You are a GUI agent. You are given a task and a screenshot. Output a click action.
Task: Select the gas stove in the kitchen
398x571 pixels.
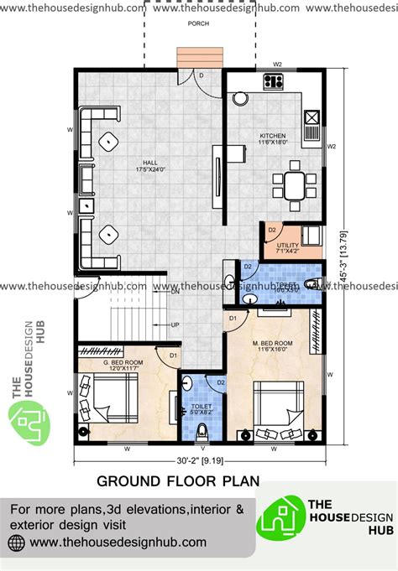274,81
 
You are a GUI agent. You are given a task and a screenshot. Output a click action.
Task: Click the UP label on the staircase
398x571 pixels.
175,325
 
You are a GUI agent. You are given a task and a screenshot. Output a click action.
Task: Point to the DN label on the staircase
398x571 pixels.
175,293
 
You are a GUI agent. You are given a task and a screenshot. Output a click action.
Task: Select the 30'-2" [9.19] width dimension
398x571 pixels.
199,459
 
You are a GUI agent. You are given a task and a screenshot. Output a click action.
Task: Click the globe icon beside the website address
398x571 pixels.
17,542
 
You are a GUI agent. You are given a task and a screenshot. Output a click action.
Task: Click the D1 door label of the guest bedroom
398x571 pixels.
172,356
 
